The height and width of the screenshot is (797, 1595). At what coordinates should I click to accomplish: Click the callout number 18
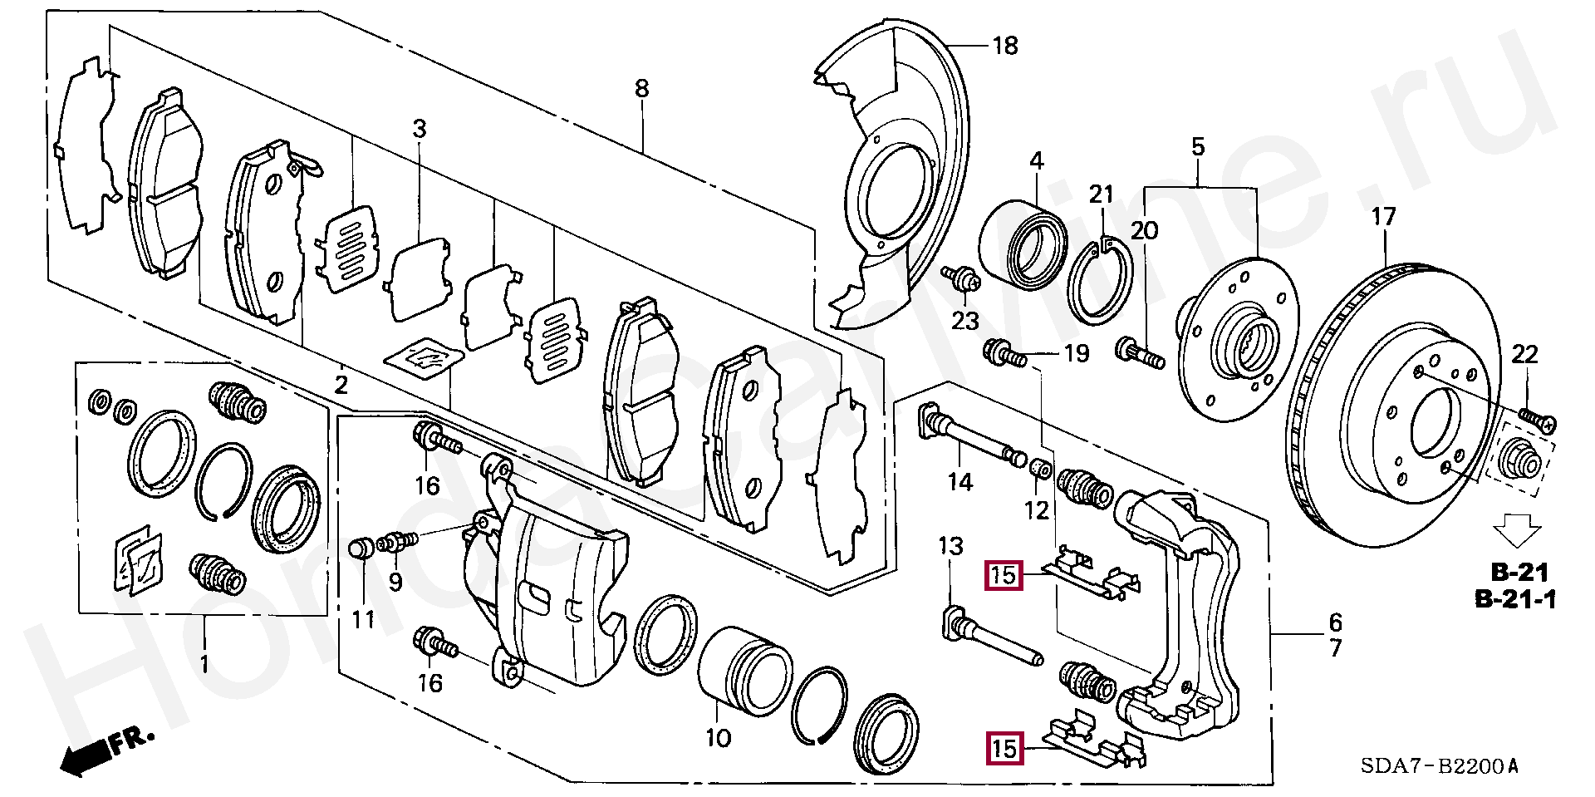coord(1005,46)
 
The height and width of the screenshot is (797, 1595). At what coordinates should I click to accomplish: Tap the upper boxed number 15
coord(1004,575)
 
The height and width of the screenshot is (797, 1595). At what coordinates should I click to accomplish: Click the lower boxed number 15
coord(1004,748)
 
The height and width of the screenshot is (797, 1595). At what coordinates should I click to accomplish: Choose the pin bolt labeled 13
coord(991,638)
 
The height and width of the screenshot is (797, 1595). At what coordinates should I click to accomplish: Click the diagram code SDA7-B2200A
coord(1439,765)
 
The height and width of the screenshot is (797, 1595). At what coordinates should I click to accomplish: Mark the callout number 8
coord(641,88)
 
